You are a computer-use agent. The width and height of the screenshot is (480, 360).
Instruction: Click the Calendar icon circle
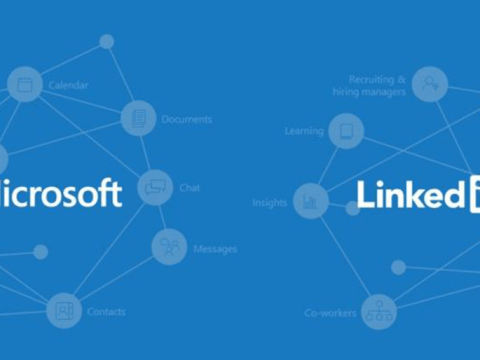[x=24, y=85]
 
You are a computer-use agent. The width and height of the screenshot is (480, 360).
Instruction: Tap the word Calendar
[x=68, y=85]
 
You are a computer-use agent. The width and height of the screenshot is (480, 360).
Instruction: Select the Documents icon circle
[x=138, y=119]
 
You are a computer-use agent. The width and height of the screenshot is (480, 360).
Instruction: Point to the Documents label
[x=187, y=119]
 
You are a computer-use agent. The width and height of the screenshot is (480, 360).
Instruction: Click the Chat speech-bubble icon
[x=155, y=187]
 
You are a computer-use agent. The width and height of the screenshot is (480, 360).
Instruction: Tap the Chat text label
[x=189, y=187]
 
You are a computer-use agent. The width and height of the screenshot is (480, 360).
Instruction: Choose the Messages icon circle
[x=169, y=247]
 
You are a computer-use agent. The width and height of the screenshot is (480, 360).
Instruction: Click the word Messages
[x=215, y=248]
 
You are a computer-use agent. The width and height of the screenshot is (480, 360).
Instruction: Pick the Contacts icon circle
[x=64, y=311]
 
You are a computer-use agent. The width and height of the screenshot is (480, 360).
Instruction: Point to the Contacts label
[x=106, y=311]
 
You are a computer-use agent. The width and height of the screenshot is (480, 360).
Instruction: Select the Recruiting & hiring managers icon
[x=429, y=85]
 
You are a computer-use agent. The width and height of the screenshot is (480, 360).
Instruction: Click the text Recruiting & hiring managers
[x=369, y=85]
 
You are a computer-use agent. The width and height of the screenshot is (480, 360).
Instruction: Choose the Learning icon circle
[x=346, y=131]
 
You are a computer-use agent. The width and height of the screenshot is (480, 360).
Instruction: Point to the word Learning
[x=304, y=131]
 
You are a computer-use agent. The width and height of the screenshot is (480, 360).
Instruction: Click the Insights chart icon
[x=311, y=201]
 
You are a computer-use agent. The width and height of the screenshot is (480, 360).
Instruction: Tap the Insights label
[x=270, y=202]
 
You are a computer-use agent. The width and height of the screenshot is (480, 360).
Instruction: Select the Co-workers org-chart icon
[x=379, y=312]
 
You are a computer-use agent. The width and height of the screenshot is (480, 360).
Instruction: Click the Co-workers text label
[x=330, y=313]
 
